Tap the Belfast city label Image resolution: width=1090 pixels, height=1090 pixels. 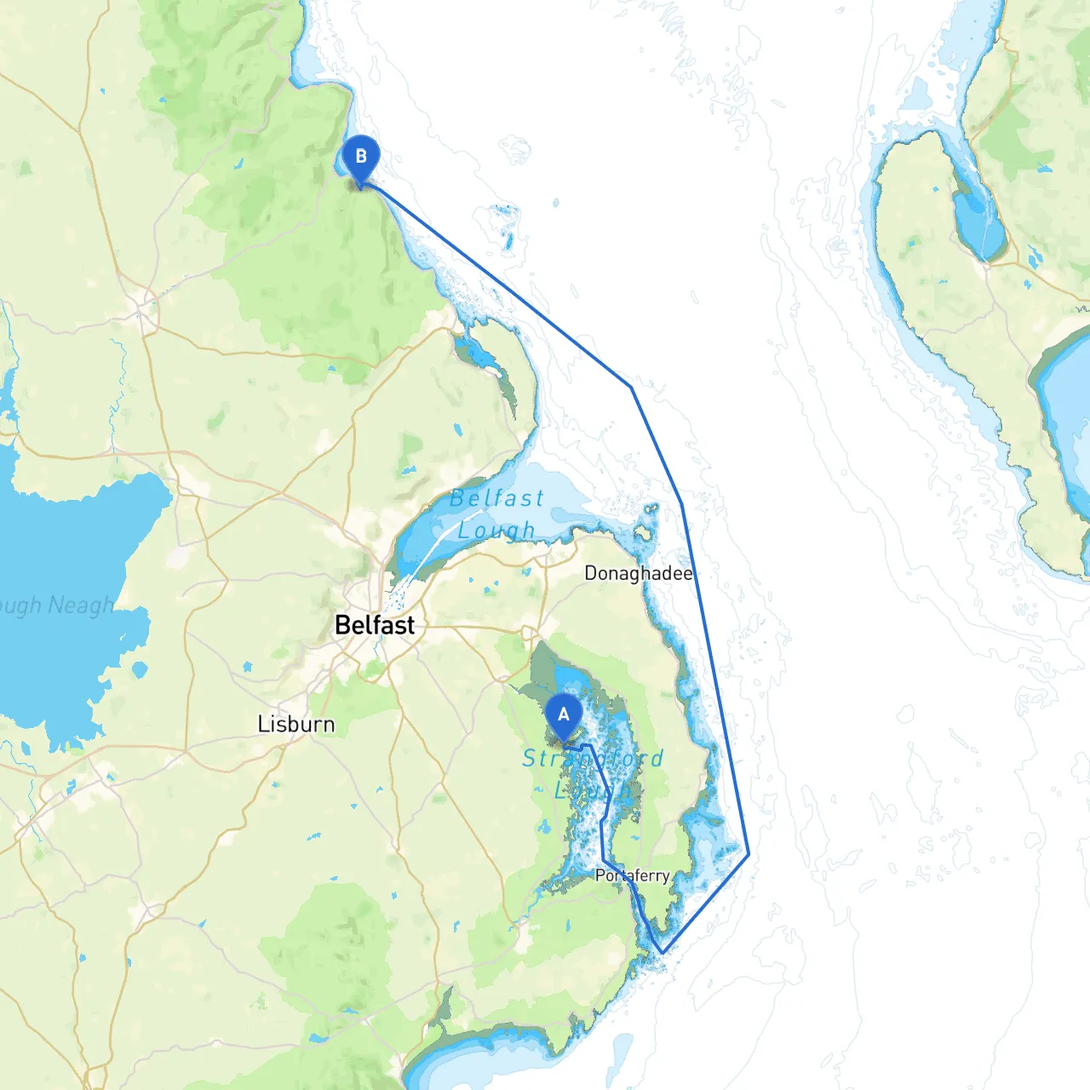coord(375,625)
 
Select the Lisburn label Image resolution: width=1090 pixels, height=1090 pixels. coord(295,724)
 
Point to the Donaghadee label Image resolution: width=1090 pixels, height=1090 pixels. coord(638,573)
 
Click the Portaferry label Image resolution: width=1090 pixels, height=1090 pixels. coord(632,875)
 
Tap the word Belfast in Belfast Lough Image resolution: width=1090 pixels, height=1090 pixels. coord(496,498)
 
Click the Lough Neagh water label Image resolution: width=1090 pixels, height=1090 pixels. coord(56,605)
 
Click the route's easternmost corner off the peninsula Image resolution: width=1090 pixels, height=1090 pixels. coord(749,853)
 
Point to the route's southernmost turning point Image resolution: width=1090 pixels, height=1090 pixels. coord(661,952)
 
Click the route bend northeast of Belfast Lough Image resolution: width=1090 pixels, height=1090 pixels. coord(631,387)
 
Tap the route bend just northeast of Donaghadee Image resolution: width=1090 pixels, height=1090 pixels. coord(681,504)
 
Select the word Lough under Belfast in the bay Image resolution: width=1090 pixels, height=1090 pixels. coord(496,531)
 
